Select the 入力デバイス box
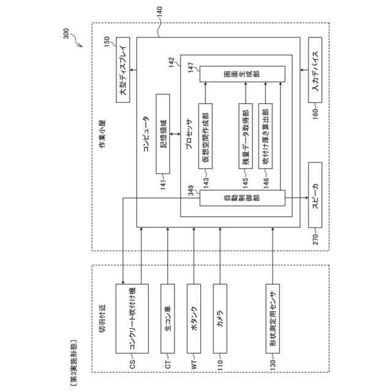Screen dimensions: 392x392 click(316, 70)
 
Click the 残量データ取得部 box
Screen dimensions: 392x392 click(245, 136)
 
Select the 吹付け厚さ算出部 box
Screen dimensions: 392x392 click(265, 135)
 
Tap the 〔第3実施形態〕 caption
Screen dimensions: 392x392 click(73, 360)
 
